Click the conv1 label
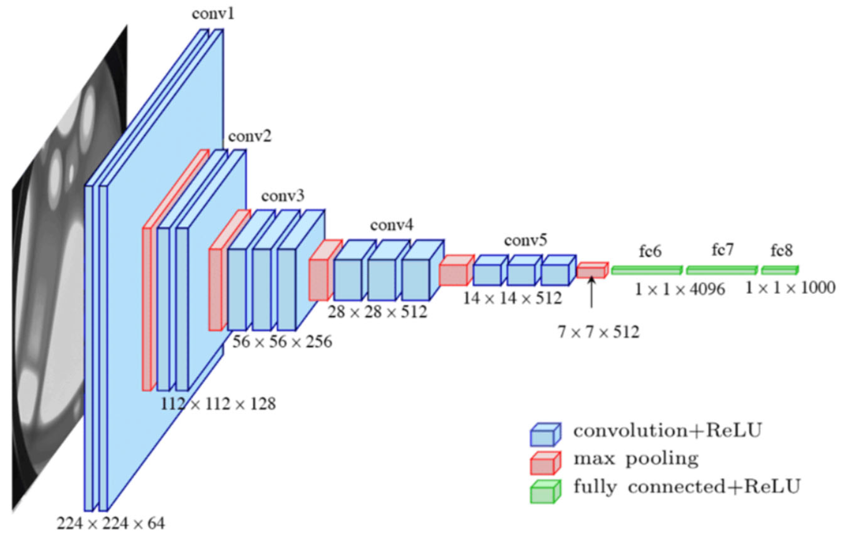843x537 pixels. [x=213, y=14]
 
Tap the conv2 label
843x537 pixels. [x=250, y=136]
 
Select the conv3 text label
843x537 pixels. [x=283, y=196]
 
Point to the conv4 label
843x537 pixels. [x=392, y=225]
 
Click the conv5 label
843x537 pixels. [x=525, y=241]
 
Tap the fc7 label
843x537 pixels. [x=723, y=250]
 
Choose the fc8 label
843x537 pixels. [x=782, y=251]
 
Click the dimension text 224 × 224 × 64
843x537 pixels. [x=111, y=523]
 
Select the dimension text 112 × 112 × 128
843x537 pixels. [x=218, y=404]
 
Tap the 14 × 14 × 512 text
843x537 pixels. [x=513, y=298]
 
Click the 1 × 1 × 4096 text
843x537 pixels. [x=679, y=290]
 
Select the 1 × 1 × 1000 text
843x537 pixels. [x=790, y=288]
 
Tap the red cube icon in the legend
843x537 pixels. [x=545, y=463]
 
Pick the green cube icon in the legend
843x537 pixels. [x=545, y=491]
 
